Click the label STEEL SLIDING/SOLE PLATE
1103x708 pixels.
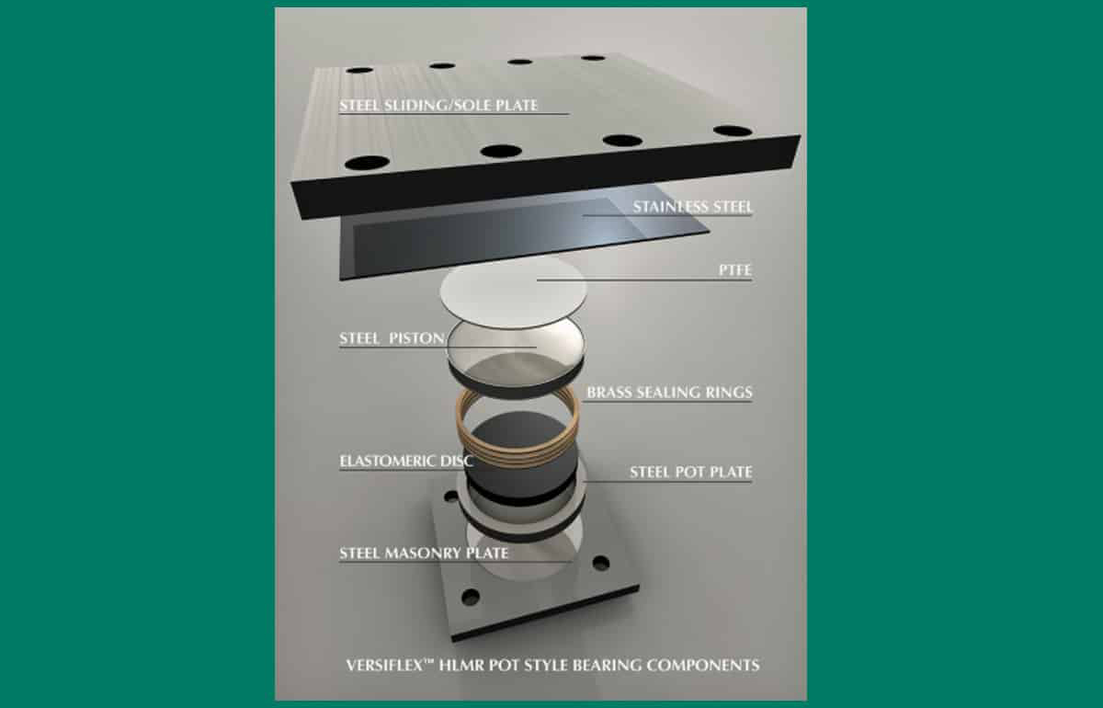click(438, 106)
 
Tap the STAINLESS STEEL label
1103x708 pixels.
click(693, 207)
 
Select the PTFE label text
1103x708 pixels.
click(735, 270)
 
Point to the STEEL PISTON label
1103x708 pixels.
click(392, 338)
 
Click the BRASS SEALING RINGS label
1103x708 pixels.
click(670, 393)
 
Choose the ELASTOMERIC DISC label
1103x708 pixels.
click(406, 462)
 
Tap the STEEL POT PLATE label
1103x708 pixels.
click(691, 473)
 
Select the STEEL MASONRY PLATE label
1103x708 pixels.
click(424, 554)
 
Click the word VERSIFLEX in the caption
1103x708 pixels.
click(385, 666)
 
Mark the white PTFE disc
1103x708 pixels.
click(514, 291)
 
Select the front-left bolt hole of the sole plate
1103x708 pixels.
click(368, 162)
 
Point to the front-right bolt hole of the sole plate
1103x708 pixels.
click(733, 131)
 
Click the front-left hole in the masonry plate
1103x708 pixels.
click(471, 597)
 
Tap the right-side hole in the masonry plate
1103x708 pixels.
click(601, 563)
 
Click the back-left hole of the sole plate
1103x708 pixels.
click(359, 71)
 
